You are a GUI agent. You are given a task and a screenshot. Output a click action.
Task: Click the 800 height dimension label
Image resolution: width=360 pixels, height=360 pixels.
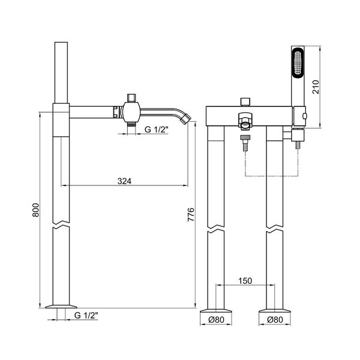tap(35, 210)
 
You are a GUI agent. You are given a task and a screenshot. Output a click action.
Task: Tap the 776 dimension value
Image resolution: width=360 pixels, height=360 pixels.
tap(191, 214)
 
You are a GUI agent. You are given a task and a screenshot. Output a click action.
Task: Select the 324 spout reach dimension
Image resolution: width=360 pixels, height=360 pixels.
tap(124, 181)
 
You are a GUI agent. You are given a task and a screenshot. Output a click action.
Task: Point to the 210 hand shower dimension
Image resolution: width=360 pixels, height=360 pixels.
tap(316, 86)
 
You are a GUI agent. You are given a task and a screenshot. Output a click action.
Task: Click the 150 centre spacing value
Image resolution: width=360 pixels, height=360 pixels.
tap(245, 281)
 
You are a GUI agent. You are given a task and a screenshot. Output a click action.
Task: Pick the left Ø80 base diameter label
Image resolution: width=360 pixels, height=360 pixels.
tap(216, 320)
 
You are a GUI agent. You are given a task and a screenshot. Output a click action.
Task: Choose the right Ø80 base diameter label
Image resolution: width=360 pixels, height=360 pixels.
tap(275, 320)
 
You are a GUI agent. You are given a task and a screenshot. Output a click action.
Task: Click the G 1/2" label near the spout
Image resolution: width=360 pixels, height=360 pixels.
tap(157, 130)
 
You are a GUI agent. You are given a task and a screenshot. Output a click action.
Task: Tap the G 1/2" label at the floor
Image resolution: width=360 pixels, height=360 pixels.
tap(86, 316)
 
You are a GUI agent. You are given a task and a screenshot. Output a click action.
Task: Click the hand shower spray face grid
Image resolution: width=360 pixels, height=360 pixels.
tap(298, 62)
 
